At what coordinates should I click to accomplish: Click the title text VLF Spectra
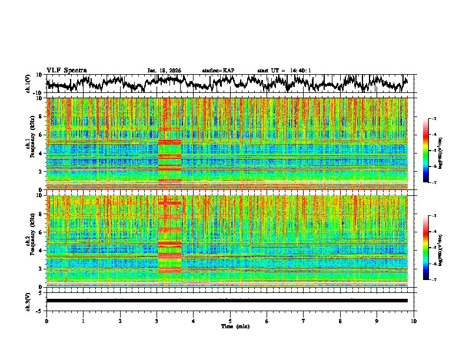[x=66, y=70]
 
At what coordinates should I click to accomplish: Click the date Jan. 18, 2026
[x=164, y=71]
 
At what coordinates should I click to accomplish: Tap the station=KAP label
[x=218, y=71]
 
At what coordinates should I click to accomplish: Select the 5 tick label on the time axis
[x=231, y=321]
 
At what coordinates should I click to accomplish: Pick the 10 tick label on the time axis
[x=414, y=321]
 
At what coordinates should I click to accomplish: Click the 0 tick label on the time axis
[x=46, y=321]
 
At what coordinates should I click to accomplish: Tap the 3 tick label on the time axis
[x=157, y=321]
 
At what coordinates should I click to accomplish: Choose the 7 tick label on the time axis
[x=304, y=321]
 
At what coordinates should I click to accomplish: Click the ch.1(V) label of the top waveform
[x=28, y=84]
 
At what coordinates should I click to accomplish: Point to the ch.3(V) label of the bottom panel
[x=28, y=301]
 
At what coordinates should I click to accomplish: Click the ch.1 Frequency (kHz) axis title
[x=29, y=144]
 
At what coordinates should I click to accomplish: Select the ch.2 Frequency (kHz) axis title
[x=29, y=241]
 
